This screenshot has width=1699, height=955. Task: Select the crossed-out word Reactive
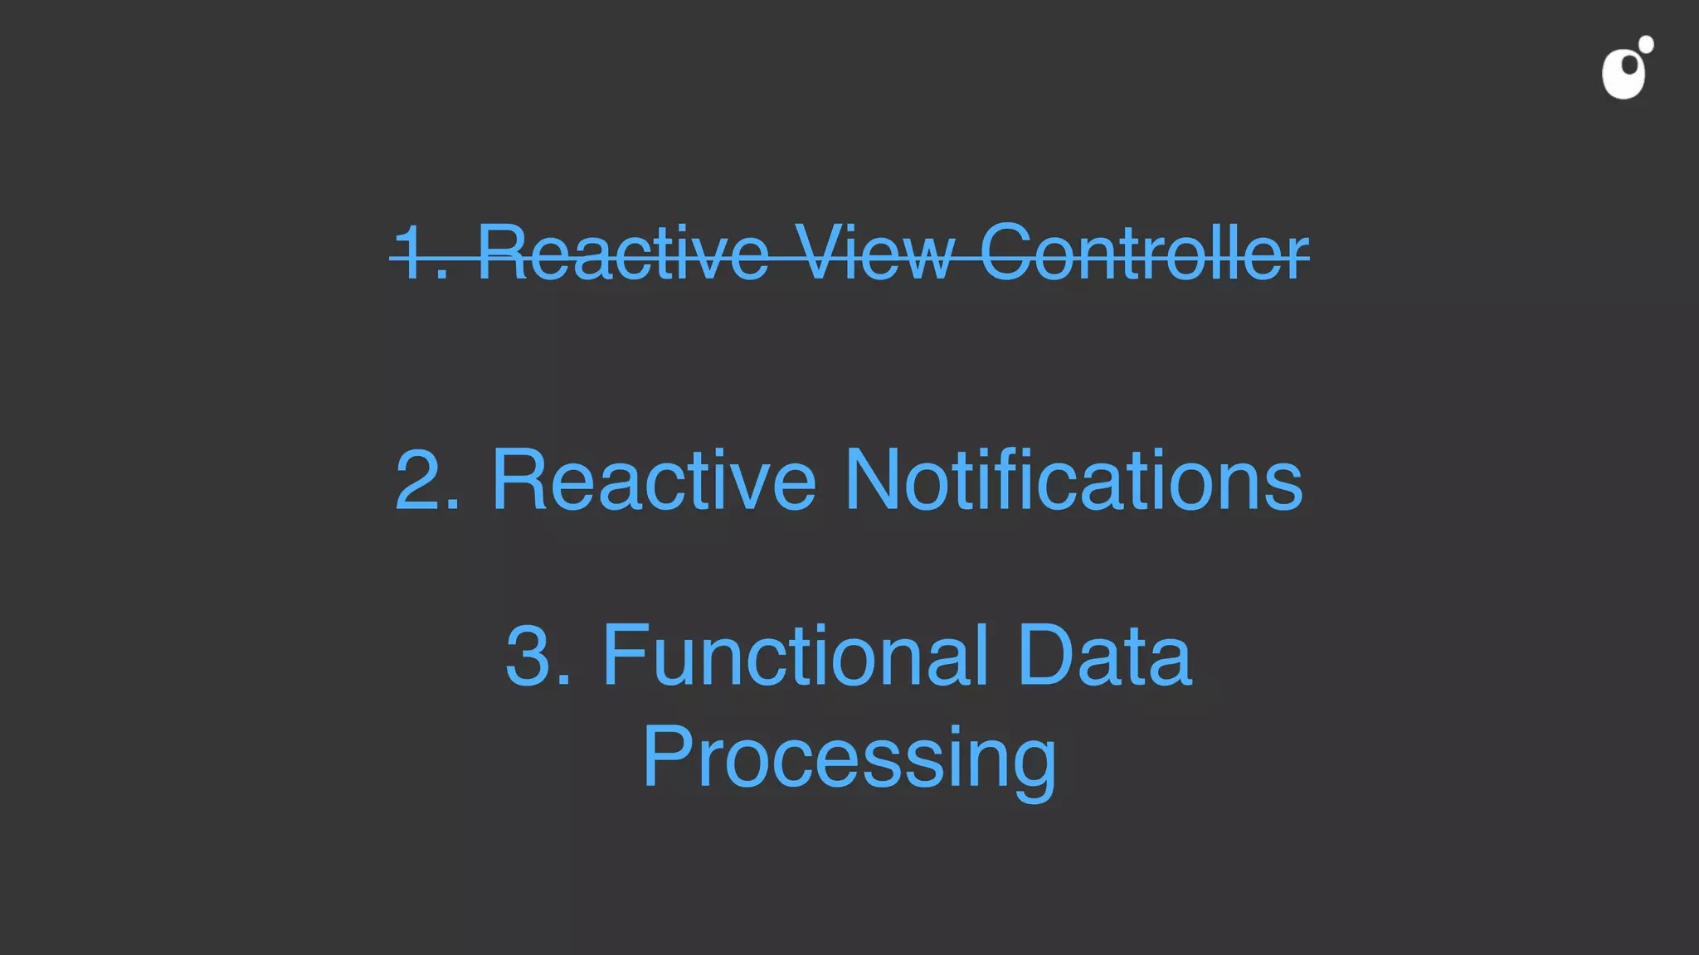[623, 252]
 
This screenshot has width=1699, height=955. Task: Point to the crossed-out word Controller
[1144, 252]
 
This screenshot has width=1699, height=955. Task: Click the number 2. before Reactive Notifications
[427, 480]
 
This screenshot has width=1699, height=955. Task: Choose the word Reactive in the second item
[654, 480]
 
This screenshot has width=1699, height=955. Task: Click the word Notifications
[1073, 480]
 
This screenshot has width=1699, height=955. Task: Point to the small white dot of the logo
[1646, 44]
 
